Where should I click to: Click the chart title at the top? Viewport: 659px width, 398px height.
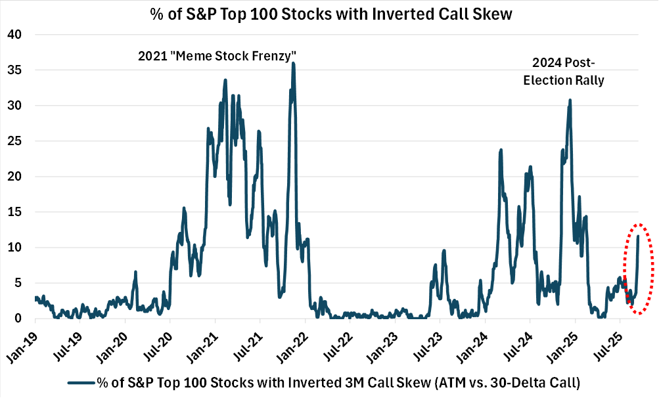click(x=329, y=13)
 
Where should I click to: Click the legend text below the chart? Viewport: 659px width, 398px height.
click(x=342, y=382)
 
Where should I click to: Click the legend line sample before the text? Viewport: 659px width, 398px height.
click(x=80, y=382)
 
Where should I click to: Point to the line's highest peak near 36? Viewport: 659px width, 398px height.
click(x=293, y=63)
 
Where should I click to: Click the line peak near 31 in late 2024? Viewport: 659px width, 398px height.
click(x=570, y=100)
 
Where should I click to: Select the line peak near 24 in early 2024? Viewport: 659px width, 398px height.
click(x=501, y=150)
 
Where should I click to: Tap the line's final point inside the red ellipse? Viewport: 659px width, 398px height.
click(x=639, y=235)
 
